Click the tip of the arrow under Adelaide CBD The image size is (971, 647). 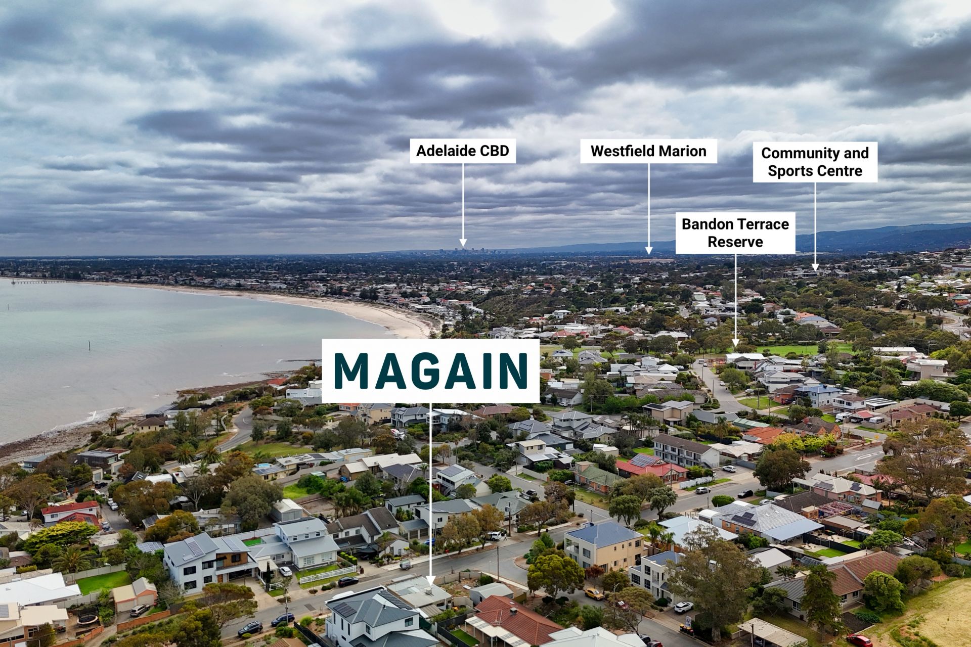(462, 247)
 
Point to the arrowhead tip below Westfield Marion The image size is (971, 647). (649, 254)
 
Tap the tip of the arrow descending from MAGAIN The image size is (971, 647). (430, 584)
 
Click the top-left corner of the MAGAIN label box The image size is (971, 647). (322, 339)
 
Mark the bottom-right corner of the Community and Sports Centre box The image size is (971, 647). (877, 182)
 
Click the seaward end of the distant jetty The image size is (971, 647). (11, 282)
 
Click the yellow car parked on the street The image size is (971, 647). (594, 593)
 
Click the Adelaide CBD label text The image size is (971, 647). (462, 151)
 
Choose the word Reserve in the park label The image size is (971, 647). (735, 242)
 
